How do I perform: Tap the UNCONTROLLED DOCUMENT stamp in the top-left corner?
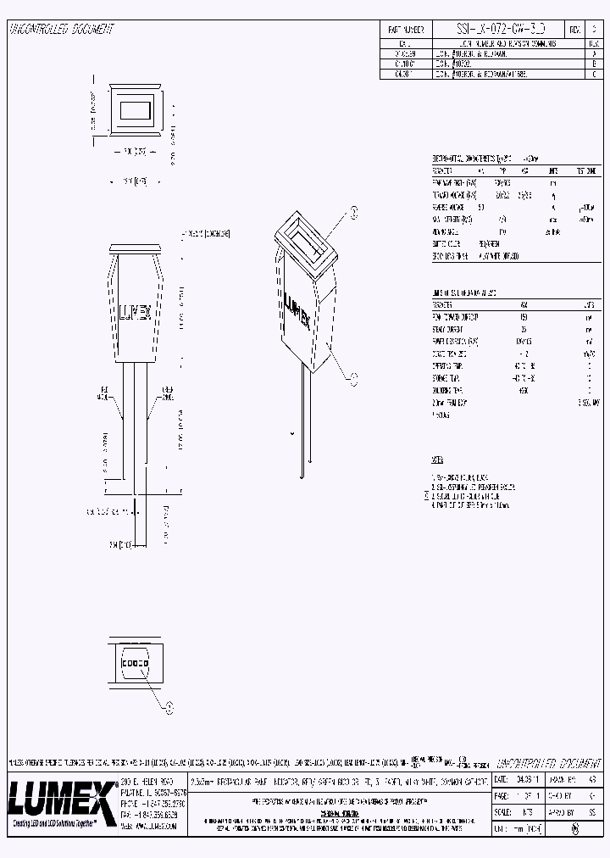click(x=61, y=29)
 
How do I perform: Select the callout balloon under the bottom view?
click(x=169, y=704)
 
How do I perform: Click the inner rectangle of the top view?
click(x=135, y=110)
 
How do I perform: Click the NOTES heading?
click(x=437, y=460)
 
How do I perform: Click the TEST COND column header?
click(x=585, y=170)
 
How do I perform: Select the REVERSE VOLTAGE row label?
click(x=449, y=206)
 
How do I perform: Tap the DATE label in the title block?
click(x=502, y=777)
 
